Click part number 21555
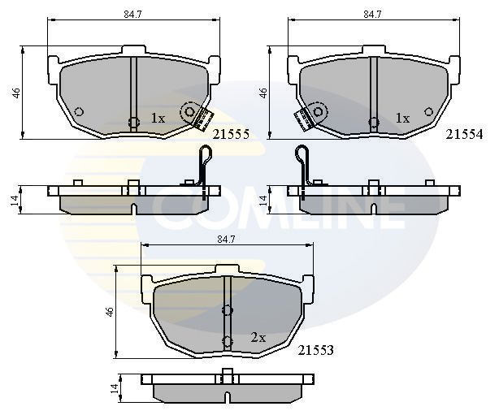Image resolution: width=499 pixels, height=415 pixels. [x=231, y=135]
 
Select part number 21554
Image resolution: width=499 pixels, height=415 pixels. [x=464, y=135]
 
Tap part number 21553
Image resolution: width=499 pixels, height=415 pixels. [x=315, y=350]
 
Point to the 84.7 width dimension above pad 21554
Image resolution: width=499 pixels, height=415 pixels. [x=373, y=15]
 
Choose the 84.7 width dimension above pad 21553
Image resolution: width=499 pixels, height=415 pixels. [x=226, y=240]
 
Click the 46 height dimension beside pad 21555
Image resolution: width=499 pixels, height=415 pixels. [x=16, y=93]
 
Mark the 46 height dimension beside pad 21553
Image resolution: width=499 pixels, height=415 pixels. [x=110, y=312]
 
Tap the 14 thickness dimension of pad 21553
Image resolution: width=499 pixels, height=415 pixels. [x=115, y=388]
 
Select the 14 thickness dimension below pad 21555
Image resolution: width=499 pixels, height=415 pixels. [x=15, y=201]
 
